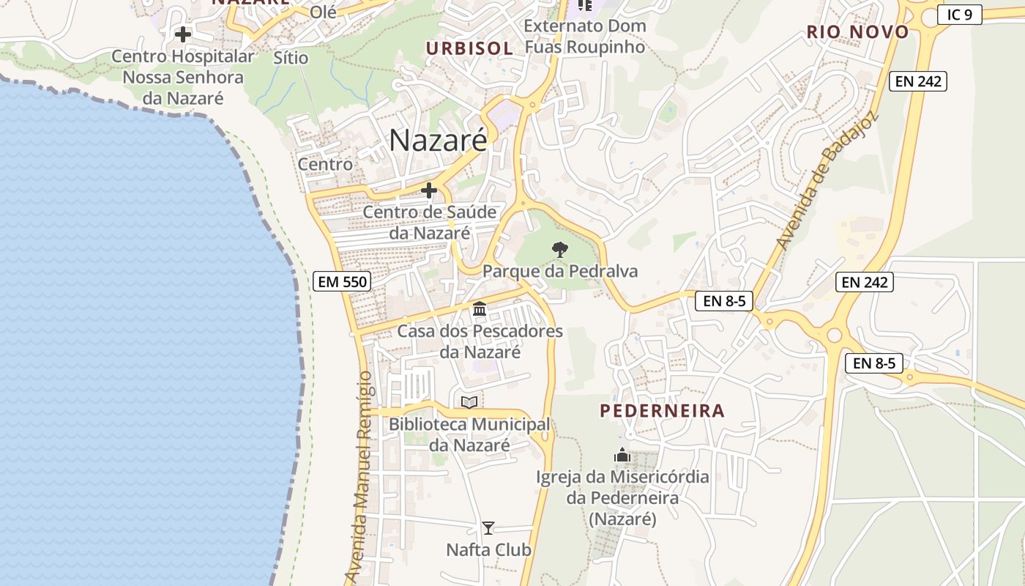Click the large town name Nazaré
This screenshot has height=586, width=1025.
pos(438,140)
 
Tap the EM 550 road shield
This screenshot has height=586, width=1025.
pos(342,281)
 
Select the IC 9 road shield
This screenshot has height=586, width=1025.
pos(959,14)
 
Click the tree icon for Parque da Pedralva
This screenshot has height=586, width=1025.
pos(560,249)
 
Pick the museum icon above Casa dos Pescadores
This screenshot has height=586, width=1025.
pos(480,308)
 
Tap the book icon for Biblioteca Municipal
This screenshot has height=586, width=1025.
pos(469,402)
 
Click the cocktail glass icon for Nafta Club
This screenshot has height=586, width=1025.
pos(488,527)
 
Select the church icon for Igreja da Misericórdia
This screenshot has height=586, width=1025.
pos(622,455)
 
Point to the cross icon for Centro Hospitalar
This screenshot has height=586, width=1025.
pos(183,34)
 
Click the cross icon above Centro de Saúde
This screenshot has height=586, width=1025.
pos(429,190)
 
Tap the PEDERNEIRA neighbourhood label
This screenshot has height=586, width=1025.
pos(662,411)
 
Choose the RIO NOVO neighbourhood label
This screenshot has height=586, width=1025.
pos(857,32)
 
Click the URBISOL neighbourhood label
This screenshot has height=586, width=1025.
pos(469,48)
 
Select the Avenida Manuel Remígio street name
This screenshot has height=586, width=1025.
pos(364,476)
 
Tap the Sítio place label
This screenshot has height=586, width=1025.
pos(291,57)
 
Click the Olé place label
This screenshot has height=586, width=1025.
pos(323,12)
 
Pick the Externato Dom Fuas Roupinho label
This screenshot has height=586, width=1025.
pos(585,37)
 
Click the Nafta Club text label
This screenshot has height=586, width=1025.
pos(488,549)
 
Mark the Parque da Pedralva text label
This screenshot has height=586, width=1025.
pos(560,272)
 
